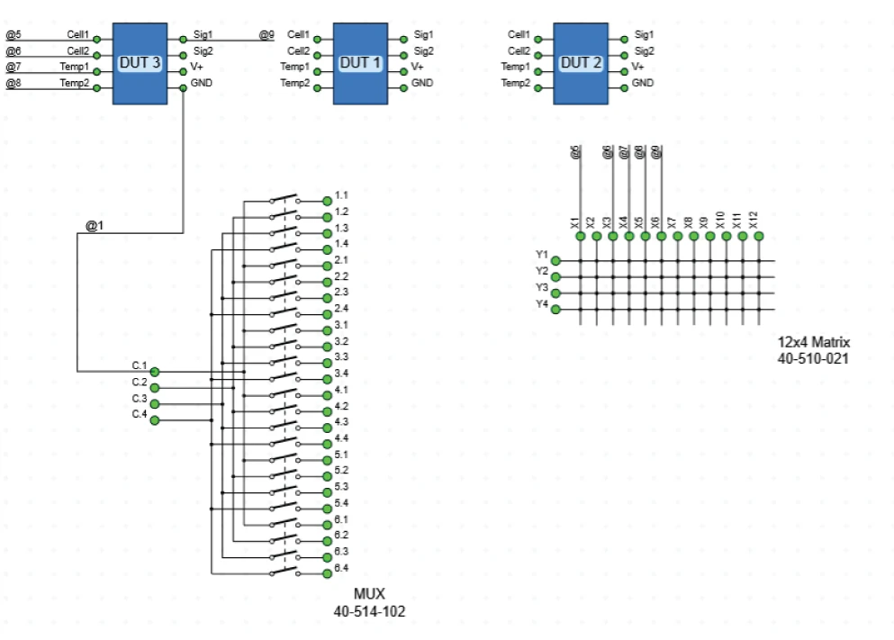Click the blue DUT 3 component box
[x=140, y=63]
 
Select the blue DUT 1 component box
[x=360, y=63]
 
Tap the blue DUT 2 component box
[x=581, y=63]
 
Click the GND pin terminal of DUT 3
[x=183, y=88]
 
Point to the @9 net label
[x=266, y=35]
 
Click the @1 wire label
[x=95, y=225]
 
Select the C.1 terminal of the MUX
[x=155, y=371]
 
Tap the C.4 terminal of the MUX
[x=155, y=420]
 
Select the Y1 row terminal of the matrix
[x=555, y=261]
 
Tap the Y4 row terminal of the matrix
[x=555, y=310]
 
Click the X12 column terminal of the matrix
[x=759, y=236]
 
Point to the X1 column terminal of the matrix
[x=581, y=236]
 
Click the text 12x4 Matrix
[x=813, y=343]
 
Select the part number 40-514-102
[x=369, y=610]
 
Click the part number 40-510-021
[x=813, y=359]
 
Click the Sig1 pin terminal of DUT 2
[x=624, y=40]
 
